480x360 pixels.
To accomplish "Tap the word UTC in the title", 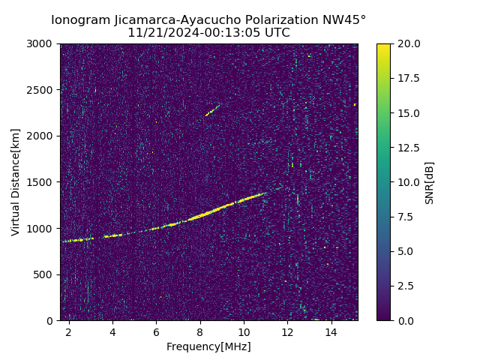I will click(x=275, y=33).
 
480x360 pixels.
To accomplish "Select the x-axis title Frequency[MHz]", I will click(x=208, y=346).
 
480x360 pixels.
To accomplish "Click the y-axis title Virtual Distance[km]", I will click(x=16, y=182).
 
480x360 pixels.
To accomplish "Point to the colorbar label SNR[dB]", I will click(x=429, y=182).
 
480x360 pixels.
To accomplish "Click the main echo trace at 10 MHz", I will click(x=244, y=200).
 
